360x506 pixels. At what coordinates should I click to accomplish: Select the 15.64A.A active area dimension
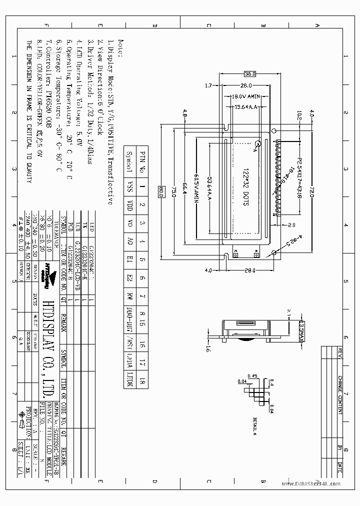245,106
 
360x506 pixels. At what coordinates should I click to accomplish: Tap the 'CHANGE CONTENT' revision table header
340,395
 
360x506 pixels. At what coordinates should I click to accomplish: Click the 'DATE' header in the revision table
340,468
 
